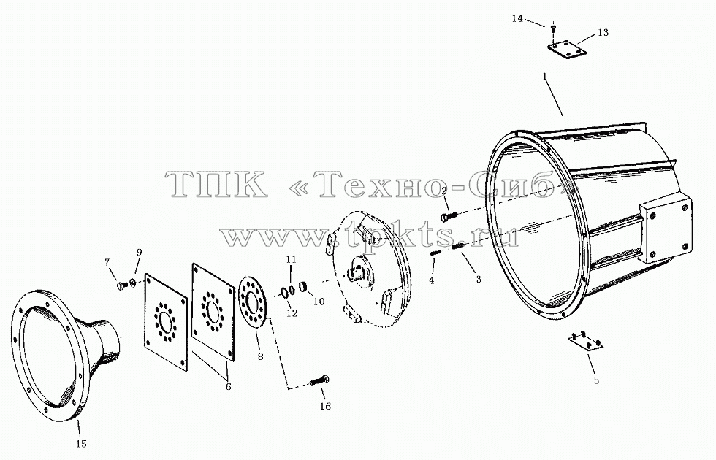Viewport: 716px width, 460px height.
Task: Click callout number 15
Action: tap(81, 443)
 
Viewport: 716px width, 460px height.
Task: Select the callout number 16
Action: tap(324, 406)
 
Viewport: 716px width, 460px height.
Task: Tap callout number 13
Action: tap(603, 32)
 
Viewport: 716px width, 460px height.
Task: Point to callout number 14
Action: tap(517, 19)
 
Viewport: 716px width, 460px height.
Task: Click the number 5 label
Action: tap(596, 380)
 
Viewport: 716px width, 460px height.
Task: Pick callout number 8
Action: tap(260, 356)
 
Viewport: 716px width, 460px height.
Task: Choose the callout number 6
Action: tap(228, 387)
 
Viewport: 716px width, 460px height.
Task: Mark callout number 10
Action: tap(319, 302)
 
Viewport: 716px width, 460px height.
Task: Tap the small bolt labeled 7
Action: tap(121, 285)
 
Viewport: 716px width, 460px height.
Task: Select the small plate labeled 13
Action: tap(567, 50)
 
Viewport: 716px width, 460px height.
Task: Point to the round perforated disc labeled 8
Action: tap(252, 302)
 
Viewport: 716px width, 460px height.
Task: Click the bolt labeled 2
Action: tap(449, 215)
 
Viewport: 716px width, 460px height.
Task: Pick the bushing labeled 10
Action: tap(303, 288)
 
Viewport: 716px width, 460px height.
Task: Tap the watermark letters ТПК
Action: tap(216, 184)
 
